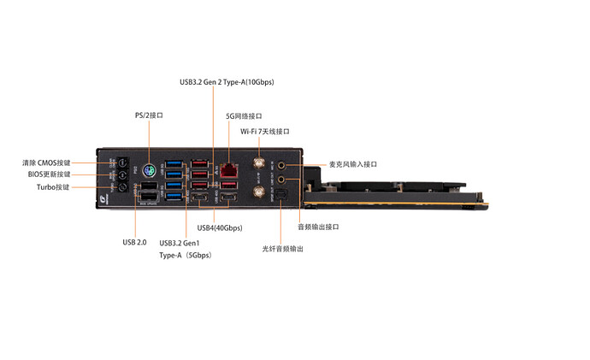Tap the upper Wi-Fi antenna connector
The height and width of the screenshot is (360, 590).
pyautogui.click(x=256, y=162)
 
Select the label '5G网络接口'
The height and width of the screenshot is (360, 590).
pyautogui.click(x=244, y=115)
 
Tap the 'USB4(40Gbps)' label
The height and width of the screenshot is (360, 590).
pyautogui.click(x=220, y=228)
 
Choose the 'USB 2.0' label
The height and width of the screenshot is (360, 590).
pyautogui.click(x=135, y=242)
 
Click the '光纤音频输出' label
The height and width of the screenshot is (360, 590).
pyautogui.click(x=283, y=249)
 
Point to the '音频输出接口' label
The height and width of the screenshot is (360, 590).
pyautogui.click(x=318, y=227)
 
